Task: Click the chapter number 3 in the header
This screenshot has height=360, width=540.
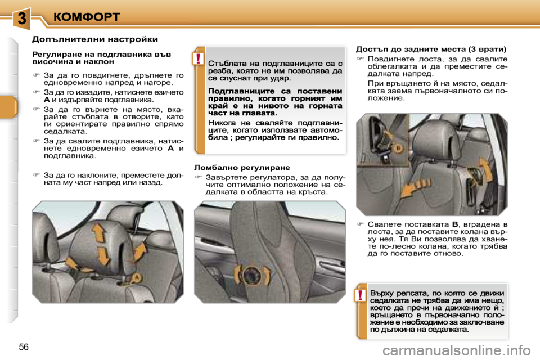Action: [x=21, y=17]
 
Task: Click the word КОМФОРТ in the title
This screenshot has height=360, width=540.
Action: [x=87, y=16]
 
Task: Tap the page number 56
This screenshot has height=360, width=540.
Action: [x=24, y=346]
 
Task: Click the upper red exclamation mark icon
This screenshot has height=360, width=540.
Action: [x=199, y=58]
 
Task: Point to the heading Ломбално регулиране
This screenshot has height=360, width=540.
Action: [x=241, y=167]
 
